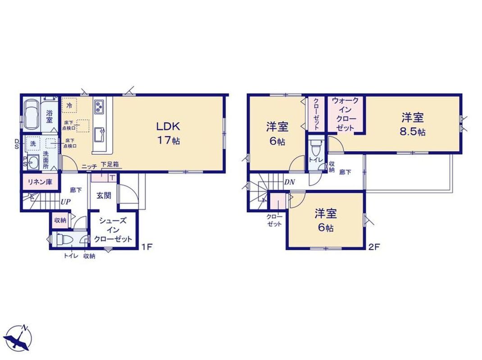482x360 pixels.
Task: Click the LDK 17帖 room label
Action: coord(168,133)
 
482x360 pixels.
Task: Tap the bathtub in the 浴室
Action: coord(32,114)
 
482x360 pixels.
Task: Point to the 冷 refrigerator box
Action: coord(69,105)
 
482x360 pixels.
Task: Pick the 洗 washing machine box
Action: coord(32,144)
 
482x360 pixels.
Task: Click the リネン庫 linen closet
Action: coord(40,182)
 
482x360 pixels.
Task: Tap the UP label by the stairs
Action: coord(65,202)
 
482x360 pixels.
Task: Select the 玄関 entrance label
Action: coord(104,195)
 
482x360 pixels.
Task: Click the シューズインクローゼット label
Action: coord(113,230)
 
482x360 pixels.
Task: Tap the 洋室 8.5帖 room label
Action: coord(413,124)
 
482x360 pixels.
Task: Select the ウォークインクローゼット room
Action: coord(345,114)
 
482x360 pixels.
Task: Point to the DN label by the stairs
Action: coord(290,182)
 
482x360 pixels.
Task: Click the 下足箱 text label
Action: coord(110,164)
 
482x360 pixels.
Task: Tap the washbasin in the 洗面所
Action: coord(33,162)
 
